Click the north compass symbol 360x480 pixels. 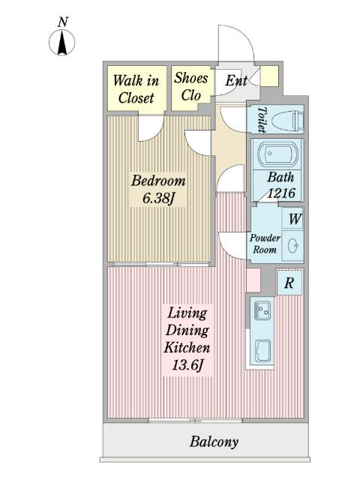click(x=61, y=42)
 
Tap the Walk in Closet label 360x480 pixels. click(x=136, y=89)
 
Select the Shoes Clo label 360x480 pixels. click(x=191, y=86)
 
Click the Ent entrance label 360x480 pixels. click(x=236, y=81)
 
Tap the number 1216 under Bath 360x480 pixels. click(x=281, y=193)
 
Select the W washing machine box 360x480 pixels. click(x=292, y=218)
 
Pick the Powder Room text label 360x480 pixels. click(x=265, y=244)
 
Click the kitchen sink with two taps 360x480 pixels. click(x=262, y=310)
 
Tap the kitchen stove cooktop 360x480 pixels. click(x=262, y=350)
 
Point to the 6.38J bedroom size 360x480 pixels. click(x=158, y=198)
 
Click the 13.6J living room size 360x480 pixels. click(x=187, y=365)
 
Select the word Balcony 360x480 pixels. click(x=214, y=442)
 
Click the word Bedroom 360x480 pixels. click(x=158, y=181)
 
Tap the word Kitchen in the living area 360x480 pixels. click(x=187, y=347)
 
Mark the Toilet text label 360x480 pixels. click(x=261, y=119)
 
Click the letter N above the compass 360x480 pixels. click(x=63, y=22)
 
